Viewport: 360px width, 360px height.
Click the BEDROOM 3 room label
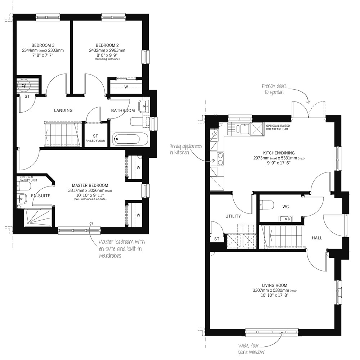click(x=43, y=45)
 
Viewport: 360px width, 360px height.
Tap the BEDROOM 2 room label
click(x=107, y=45)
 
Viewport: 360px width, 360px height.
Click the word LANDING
click(x=63, y=111)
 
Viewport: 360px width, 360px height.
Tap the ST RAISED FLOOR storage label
click(x=95, y=138)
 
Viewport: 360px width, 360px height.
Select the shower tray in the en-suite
click(x=38, y=217)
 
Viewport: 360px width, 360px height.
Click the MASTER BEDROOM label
click(x=90, y=185)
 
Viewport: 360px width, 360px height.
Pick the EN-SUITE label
click(x=41, y=196)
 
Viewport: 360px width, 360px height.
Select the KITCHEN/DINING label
click(x=279, y=153)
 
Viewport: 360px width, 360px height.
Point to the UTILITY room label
click(x=233, y=216)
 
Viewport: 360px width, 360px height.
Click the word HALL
click(x=317, y=238)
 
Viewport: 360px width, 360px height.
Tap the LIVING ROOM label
click(x=275, y=285)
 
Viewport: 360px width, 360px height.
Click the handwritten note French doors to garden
click(x=274, y=89)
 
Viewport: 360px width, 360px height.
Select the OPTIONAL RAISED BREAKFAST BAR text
click(x=278, y=127)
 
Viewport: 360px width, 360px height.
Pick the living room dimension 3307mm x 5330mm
click(x=274, y=291)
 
